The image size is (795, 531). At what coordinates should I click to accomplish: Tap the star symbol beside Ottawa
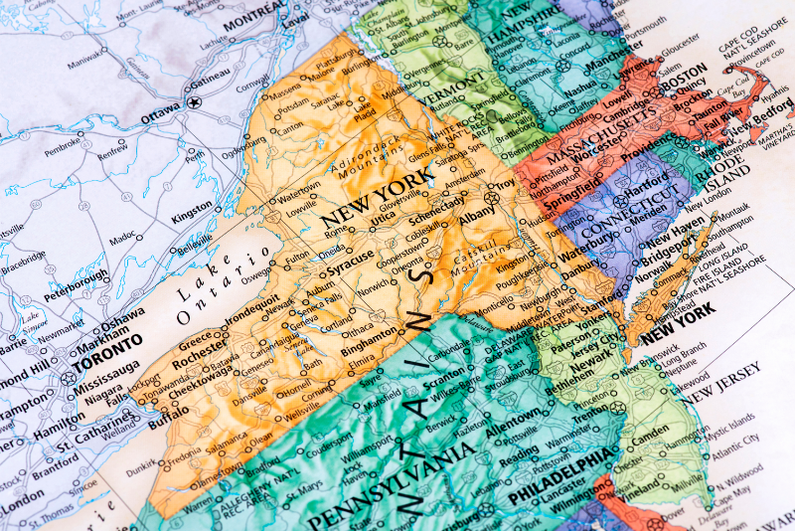point(195,101)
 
